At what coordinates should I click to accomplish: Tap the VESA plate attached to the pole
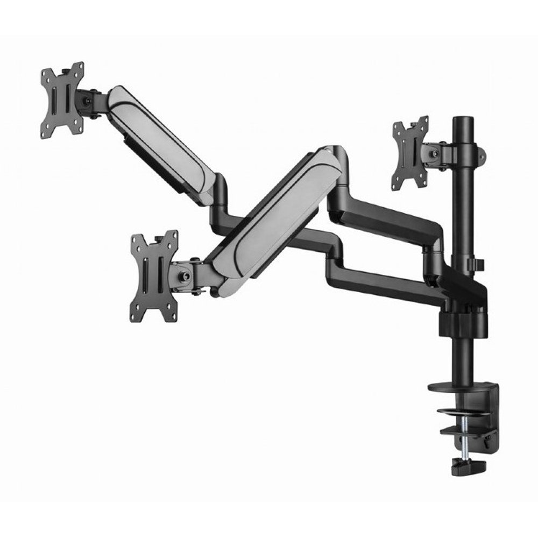coord(410,153)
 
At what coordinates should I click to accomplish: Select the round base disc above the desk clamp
coord(451,386)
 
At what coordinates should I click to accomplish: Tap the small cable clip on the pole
coord(479,265)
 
